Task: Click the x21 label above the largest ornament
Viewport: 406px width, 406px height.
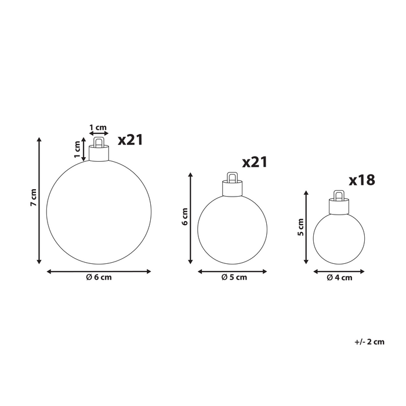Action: [130, 140]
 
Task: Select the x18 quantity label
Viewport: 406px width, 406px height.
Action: [362, 180]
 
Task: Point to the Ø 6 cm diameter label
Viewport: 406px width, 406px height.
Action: [99, 278]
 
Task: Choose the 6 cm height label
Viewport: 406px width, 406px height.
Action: [185, 216]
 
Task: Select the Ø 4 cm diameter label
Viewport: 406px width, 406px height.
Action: [339, 278]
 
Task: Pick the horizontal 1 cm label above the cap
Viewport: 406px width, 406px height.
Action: [98, 128]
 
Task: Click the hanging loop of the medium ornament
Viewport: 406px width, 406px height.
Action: [232, 176]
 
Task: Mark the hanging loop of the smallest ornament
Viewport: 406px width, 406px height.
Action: [339, 195]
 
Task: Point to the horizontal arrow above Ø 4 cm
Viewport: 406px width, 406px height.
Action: [339, 270]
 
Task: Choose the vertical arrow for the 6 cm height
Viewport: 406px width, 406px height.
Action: [190, 216]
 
